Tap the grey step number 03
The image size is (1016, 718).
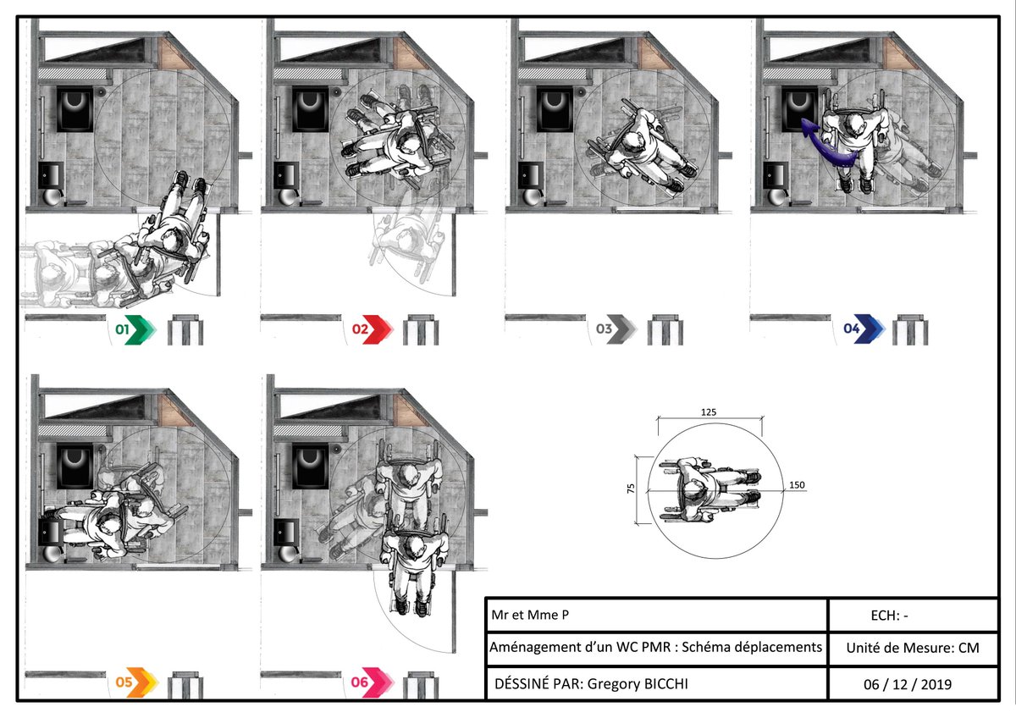(x=604, y=330)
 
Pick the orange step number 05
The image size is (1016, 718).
(x=124, y=681)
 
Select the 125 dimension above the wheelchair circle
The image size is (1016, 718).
(x=709, y=411)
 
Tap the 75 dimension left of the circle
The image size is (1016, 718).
(x=642, y=491)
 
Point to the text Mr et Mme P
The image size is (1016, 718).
(x=524, y=616)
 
